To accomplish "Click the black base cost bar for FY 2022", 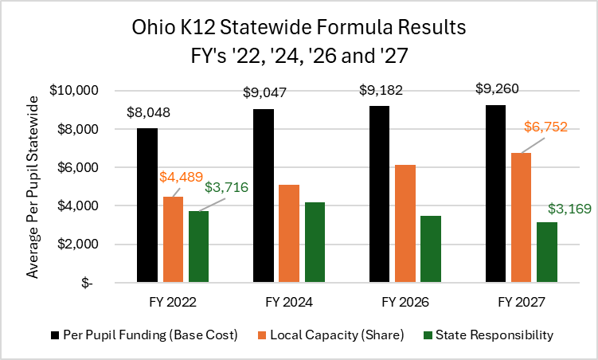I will click(x=147, y=205).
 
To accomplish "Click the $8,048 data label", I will click(x=148, y=113).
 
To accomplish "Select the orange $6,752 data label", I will click(x=543, y=126).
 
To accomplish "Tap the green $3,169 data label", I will click(x=569, y=210).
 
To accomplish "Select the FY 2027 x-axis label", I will click(x=521, y=303).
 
